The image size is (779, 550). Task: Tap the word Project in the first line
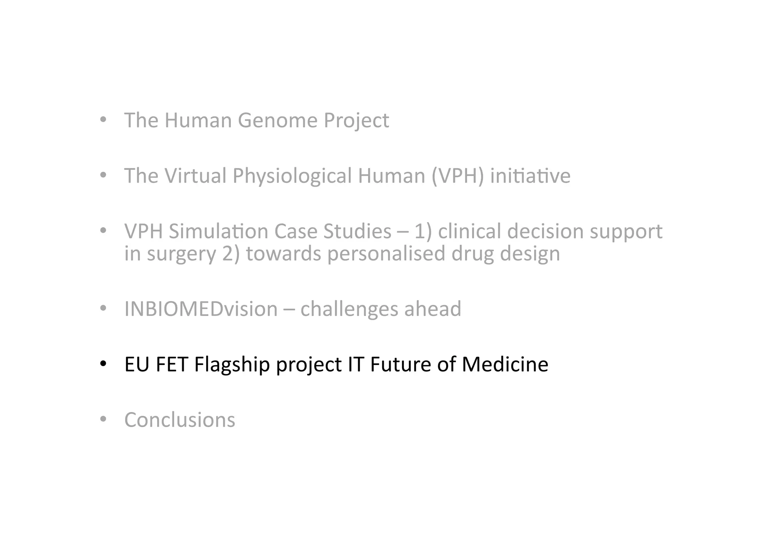[356, 120]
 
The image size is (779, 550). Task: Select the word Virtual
[195, 176]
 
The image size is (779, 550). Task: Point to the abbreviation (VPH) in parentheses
[458, 176]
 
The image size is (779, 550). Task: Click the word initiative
[530, 176]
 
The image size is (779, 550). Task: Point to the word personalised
[386, 254]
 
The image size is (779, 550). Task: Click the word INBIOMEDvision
[201, 309]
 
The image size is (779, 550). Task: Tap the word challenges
[349, 309]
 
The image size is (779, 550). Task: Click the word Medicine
[505, 364]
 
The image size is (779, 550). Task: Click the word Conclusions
[180, 420]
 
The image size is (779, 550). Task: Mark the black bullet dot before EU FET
[103, 364]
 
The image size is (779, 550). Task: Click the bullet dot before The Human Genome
[103, 120]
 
